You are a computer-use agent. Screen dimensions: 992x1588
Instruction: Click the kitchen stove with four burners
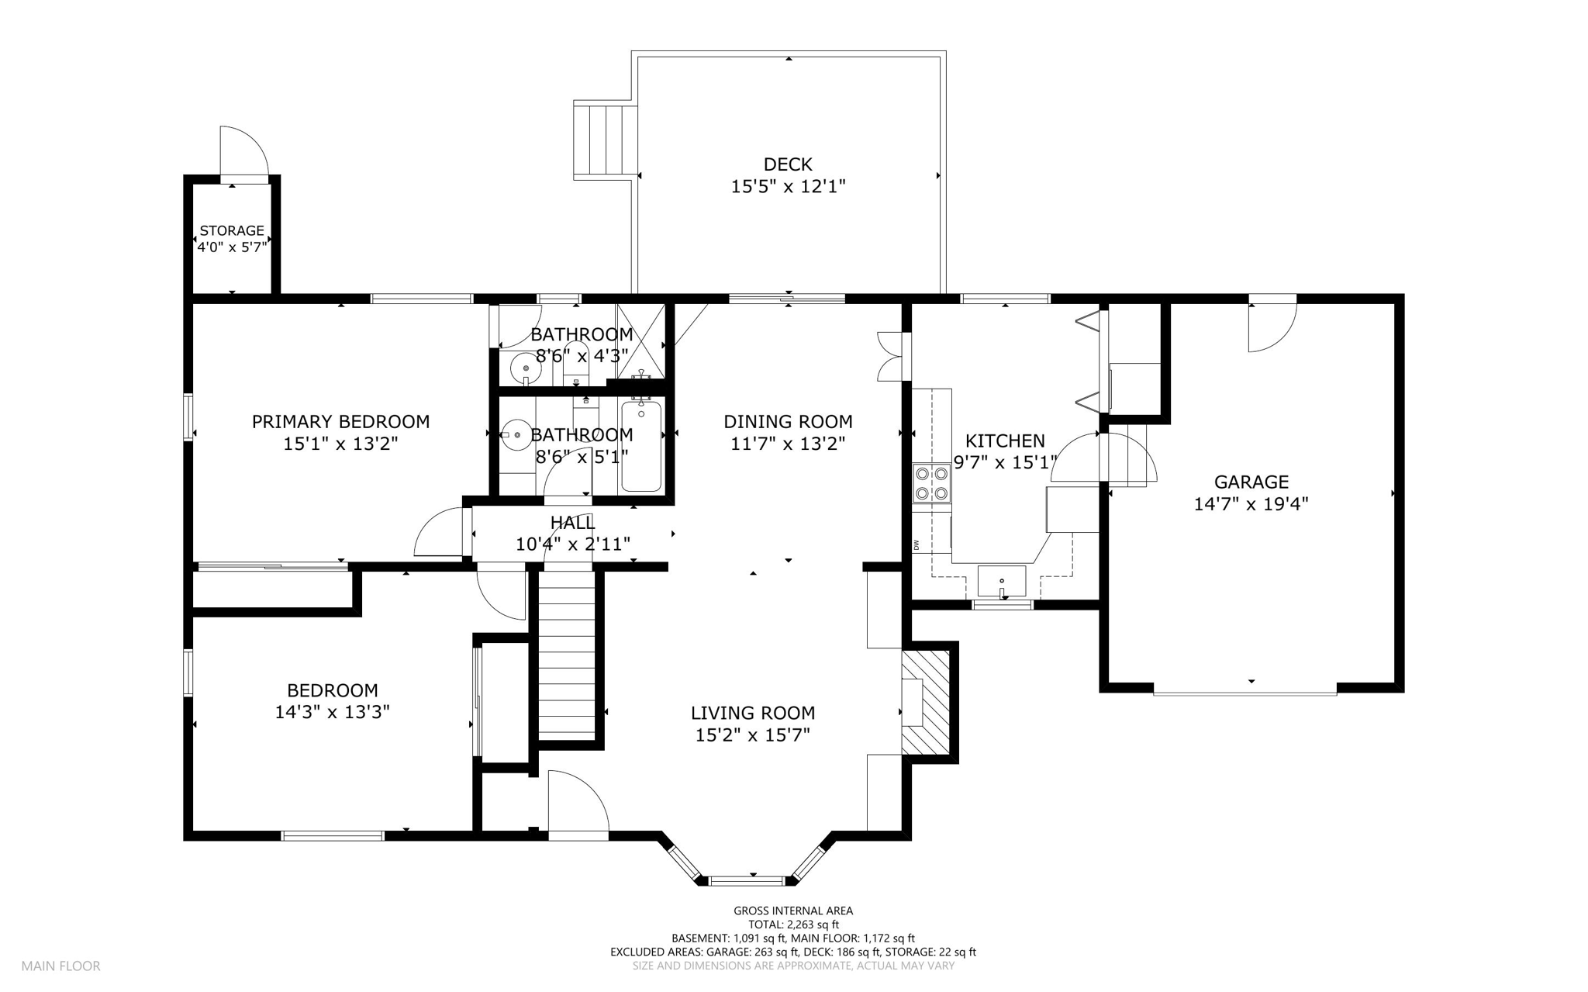930,482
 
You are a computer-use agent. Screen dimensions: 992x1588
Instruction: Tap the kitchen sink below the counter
1001,581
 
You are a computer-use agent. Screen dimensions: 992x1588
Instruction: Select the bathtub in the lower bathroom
641,446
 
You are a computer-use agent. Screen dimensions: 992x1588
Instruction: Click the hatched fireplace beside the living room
927,702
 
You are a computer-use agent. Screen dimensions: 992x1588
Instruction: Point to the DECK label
788,164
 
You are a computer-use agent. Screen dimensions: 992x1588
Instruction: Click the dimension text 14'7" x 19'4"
1251,504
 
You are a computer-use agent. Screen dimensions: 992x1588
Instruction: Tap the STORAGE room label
232,230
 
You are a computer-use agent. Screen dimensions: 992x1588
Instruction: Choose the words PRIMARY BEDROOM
340,422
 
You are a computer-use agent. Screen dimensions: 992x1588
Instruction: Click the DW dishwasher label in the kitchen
917,544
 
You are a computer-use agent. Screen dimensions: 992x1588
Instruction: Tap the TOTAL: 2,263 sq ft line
793,925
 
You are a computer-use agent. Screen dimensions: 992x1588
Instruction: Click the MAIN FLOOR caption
60,966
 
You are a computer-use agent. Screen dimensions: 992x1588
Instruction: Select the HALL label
573,523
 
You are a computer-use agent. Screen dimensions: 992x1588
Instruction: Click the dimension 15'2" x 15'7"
752,734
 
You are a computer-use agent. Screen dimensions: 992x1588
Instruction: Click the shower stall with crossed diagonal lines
641,338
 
